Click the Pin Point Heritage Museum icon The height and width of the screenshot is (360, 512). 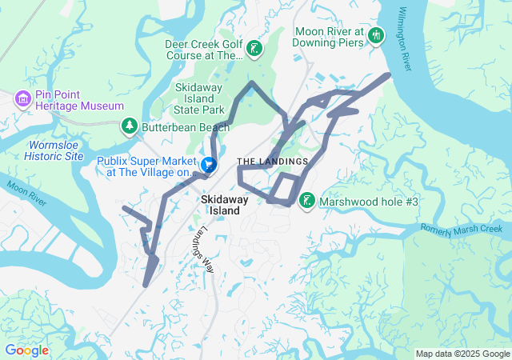(x=23, y=98)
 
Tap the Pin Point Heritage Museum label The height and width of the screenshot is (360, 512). (x=78, y=106)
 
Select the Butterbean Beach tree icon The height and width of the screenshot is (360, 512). (x=129, y=126)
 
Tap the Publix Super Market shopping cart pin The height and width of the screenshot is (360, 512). (x=208, y=165)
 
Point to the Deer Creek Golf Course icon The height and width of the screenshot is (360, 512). (x=254, y=50)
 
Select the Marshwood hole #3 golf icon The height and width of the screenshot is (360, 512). (x=306, y=200)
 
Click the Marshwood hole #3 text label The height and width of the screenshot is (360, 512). (x=369, y=202)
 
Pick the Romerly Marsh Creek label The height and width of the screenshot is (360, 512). (x=465, y=230)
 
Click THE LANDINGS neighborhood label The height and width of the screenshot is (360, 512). (x=272, y=162)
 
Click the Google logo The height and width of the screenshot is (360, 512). (x=26, y=350)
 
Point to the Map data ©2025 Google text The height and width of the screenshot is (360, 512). (x=462, y=354)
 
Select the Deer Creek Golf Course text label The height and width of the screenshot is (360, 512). (x=203, y=50)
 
